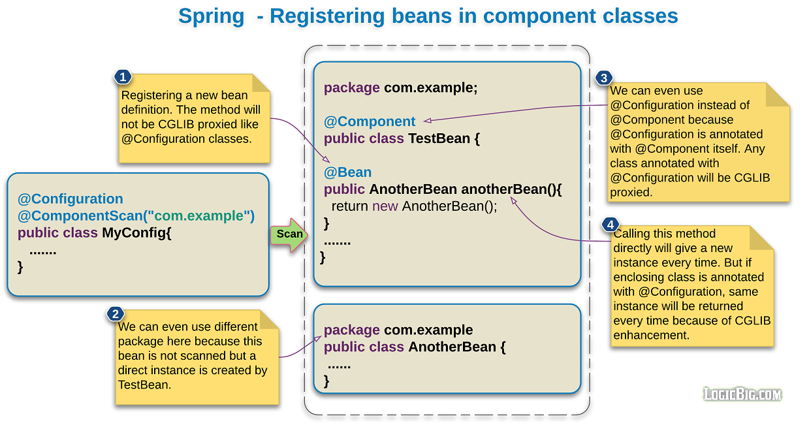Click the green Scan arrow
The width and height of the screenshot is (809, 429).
point(288,234)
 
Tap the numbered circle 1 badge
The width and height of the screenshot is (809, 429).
point(121,77)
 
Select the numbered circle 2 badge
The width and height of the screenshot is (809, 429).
point(115,314)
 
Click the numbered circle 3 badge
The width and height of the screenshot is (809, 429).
point(603,78)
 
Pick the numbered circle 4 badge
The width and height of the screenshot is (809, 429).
point(610,225)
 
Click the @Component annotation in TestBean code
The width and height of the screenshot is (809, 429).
point(370,121)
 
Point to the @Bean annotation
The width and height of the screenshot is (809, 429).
point(347,172)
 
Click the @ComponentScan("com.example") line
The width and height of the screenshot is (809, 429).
point(136,216)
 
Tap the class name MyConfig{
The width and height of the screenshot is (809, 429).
point(136,233)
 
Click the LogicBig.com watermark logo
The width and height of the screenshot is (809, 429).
point(742,394)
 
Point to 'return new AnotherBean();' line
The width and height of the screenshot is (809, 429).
point(414,206)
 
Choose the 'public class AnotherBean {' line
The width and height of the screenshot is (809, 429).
point(415,347)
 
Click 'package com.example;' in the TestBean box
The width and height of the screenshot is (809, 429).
point(400,87)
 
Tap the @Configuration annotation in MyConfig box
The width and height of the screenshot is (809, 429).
point(70,199)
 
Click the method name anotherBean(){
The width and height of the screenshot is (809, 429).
point(511,189)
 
